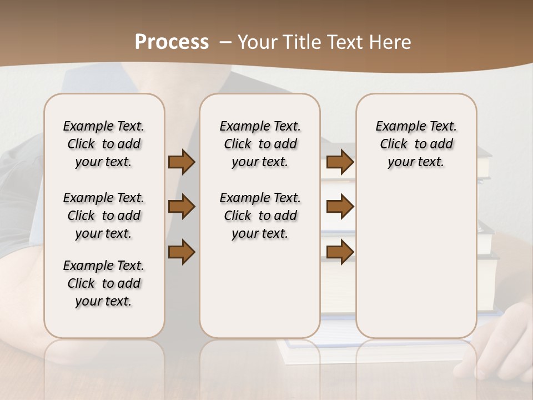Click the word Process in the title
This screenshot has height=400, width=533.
(x=172, y=42)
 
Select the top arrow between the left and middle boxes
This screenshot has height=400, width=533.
(x=182, y=162)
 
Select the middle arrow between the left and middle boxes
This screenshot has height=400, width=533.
(x=182, y=207)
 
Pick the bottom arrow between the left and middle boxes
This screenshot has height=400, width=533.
(x=182, y=252)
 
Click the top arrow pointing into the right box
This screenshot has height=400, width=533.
(x=340, y=162)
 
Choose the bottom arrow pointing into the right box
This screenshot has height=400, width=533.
(x=340, y=252)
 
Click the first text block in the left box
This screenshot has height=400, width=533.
(x=104, y=144)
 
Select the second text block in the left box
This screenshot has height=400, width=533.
(x=104, y=216)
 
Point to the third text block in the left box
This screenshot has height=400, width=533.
(x=104, y=283)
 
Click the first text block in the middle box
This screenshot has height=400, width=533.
(x=260, y=144)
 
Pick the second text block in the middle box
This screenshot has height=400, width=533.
(x=260, y=216)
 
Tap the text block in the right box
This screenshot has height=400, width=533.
(x=416, y=144)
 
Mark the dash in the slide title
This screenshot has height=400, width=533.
(x=225, y=42)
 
